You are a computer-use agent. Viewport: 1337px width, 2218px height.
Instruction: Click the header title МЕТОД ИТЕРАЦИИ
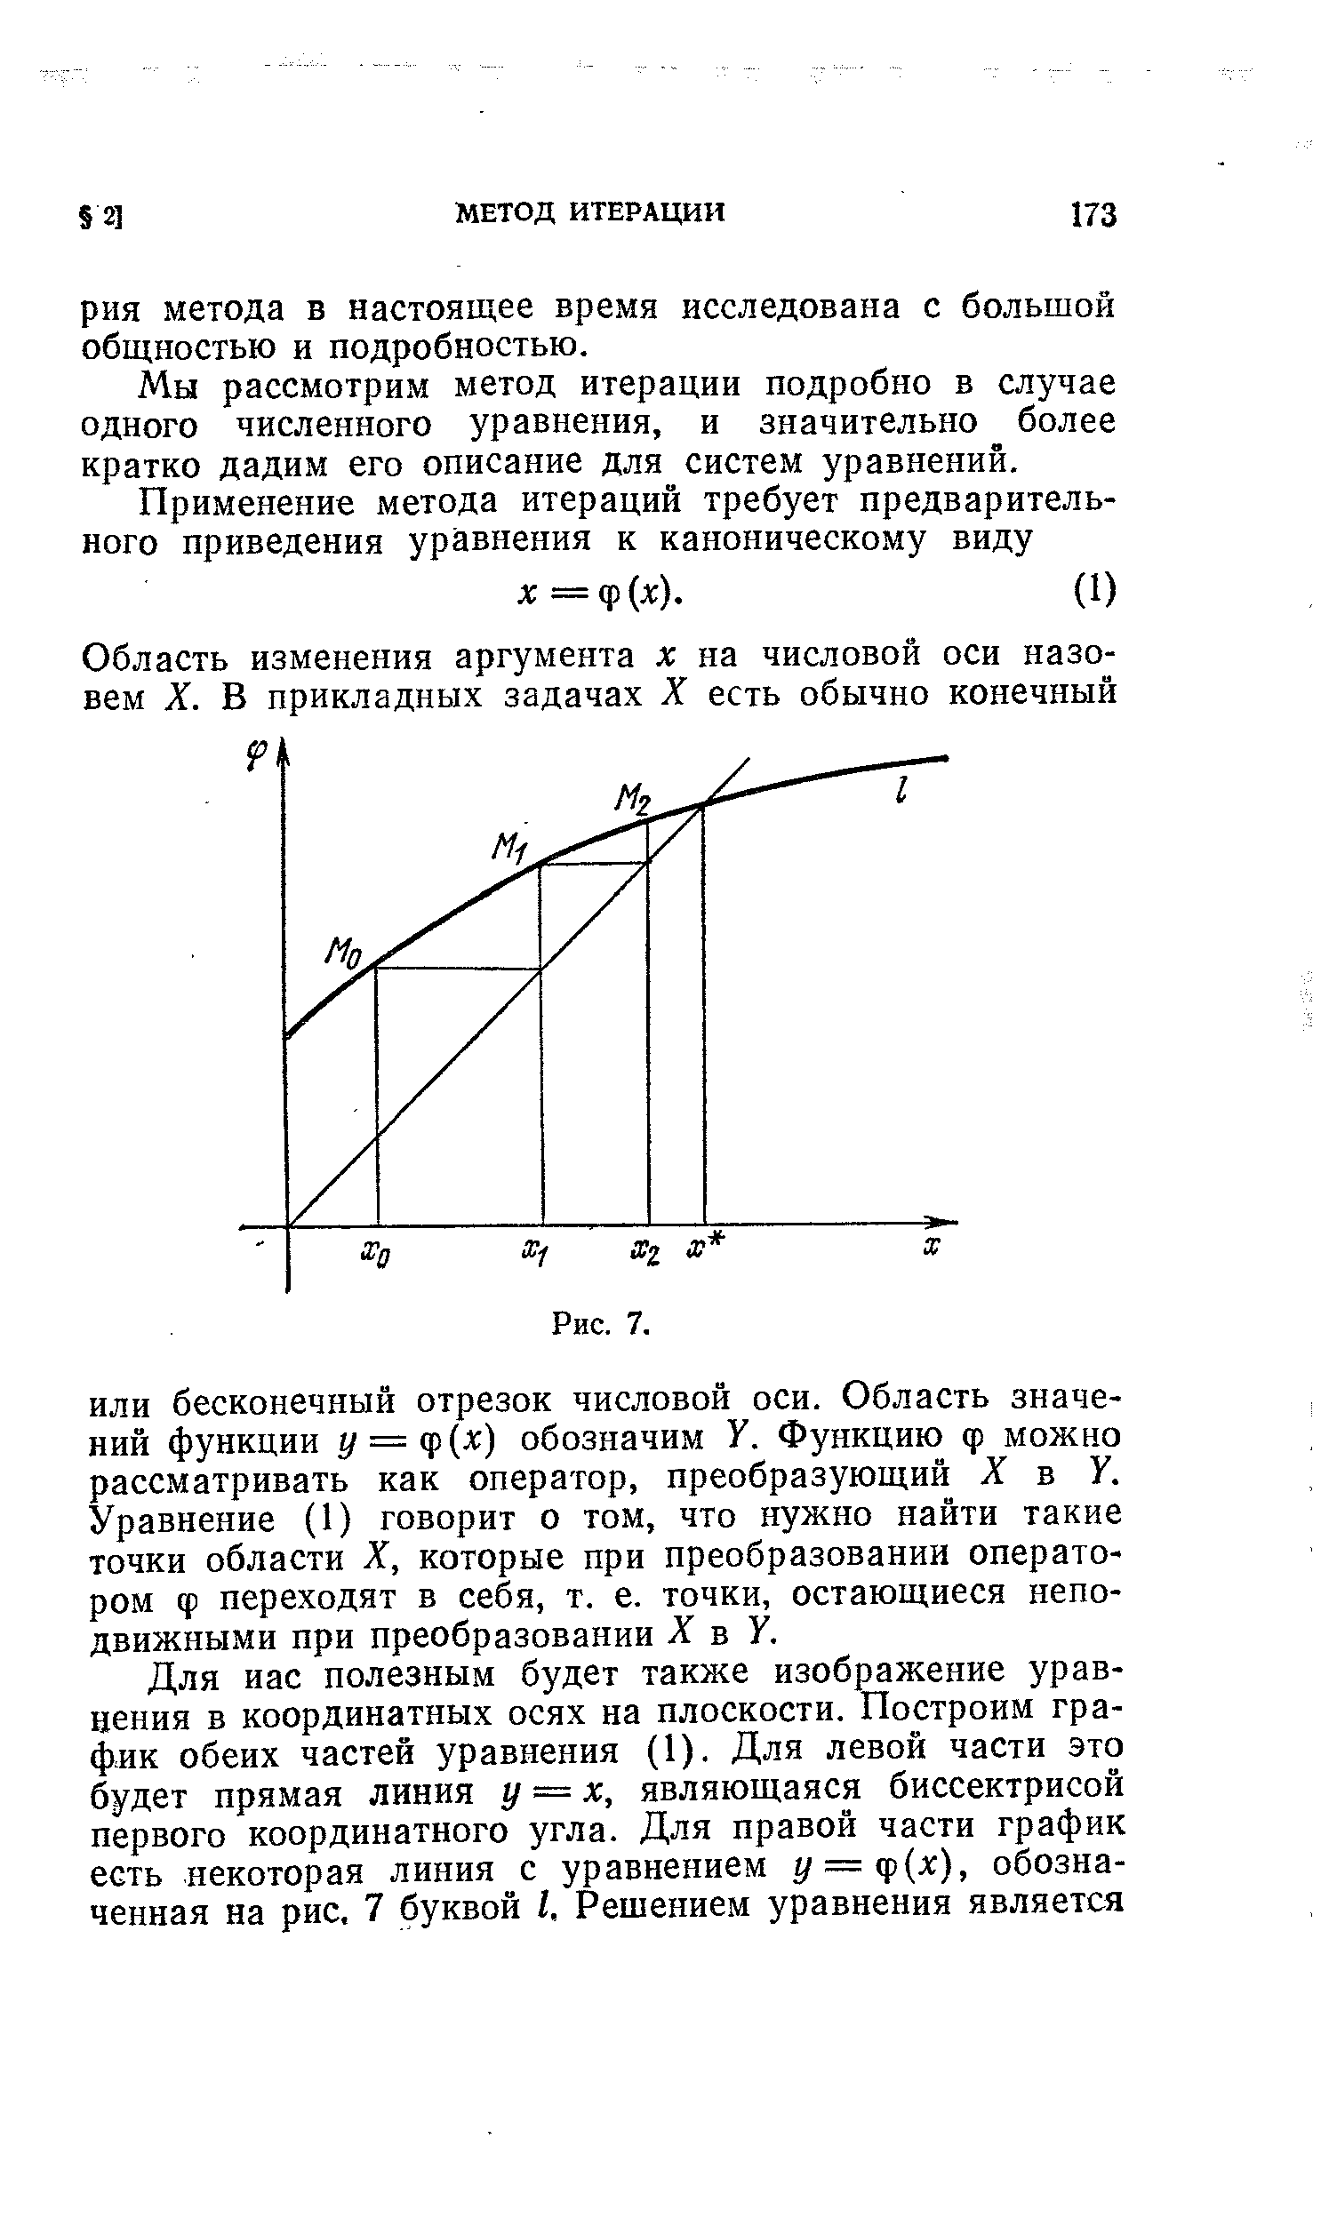(590, 211)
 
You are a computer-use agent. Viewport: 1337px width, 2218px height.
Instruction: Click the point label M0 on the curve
(342, 953)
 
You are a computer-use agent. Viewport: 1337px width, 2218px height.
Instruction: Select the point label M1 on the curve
(510, 847)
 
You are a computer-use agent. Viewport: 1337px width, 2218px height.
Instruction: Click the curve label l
(901, 791)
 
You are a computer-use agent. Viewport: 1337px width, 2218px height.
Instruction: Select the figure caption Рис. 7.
(601, 1323)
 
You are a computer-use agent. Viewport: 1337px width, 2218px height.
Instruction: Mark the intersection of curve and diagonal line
(702, 805)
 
